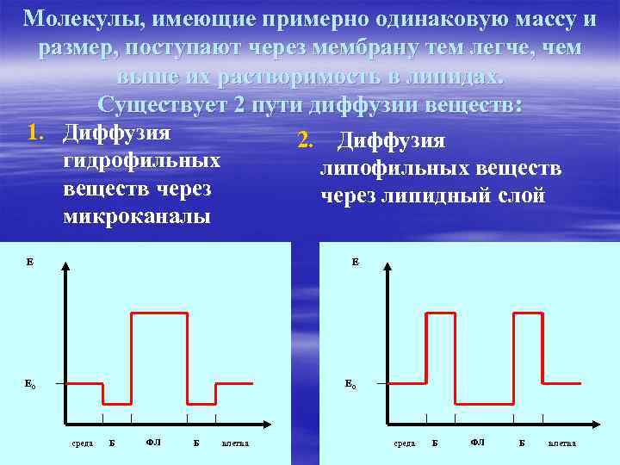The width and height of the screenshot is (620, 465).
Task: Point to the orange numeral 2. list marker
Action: click(305, 141)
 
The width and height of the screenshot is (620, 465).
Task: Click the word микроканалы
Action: click(136, 216)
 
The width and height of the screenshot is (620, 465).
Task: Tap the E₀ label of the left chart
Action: click(30, 383)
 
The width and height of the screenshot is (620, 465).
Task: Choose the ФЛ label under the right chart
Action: click(477, 443)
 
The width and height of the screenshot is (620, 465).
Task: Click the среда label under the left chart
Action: click(82, 443)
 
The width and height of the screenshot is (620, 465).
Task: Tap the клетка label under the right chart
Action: click(562, 443)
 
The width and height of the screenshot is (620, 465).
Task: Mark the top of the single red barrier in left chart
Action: click(159, 313)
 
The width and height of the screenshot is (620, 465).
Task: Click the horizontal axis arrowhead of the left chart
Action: click(266, 425)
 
